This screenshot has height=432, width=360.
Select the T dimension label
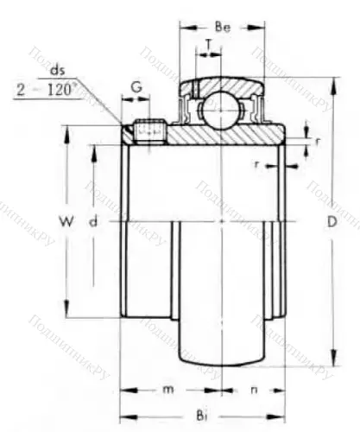click(209, 45)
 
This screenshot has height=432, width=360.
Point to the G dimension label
click(136, 86)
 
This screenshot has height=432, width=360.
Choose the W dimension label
click(64, 223)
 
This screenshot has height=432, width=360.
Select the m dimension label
click(170, 390)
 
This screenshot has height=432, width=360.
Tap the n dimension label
click(253, 390)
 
